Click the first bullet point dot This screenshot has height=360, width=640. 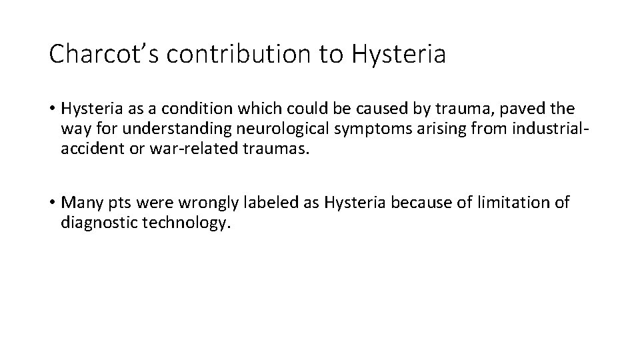pos(53,109)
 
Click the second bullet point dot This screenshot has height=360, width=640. pos(53,203)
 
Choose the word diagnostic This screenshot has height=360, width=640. pos(99,223)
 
